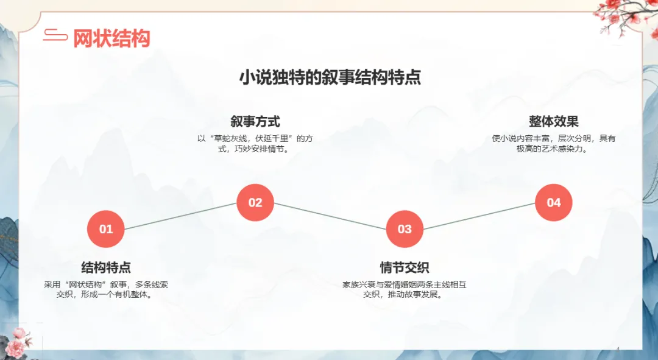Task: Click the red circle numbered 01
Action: pos(106,228)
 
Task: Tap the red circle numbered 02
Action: pos(255,202)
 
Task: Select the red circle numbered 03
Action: pos(405,228)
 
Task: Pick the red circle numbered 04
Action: pos(553,202)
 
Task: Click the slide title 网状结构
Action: pos(111,38)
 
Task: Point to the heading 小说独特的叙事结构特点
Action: pos(330,77)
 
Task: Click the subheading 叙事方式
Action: pos(255,121)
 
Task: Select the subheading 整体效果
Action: pos(553,121)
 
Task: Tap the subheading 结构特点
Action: pos(106,267)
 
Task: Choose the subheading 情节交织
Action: pos(405,267)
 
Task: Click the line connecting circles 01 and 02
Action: pos(180,216)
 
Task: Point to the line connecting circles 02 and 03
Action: pos(330,216)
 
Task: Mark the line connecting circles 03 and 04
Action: pos(479,216)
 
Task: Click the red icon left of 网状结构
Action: pos(55,35)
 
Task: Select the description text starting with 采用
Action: pos(106,289)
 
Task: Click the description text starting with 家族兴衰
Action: pos(405,289)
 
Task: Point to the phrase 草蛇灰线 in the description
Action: pos(230,138)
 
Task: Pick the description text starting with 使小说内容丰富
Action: pos(553,144)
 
